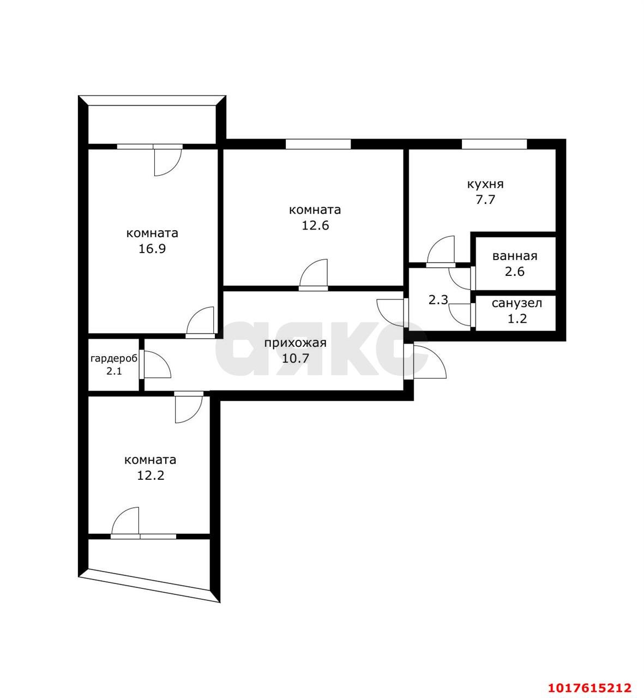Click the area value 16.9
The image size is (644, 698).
[x=152, y=249]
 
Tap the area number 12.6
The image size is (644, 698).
[x=315, y=225]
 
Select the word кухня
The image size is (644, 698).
[x=485, y=184]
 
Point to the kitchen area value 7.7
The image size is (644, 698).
[x=485, y=200]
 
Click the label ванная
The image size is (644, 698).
[x=515, y=256]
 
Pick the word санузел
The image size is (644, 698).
[x=517, y=303]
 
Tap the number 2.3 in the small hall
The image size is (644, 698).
[x=438, y=300]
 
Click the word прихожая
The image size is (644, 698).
[x=296, y=342]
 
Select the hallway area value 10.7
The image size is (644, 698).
[x=296, y=358]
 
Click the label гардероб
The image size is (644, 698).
[x=114, y=359]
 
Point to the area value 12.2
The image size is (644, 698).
[x=151, y=476]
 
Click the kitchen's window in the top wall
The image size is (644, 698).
[x=494, y=144]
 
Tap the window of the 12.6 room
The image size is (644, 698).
[x=318, y=144]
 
